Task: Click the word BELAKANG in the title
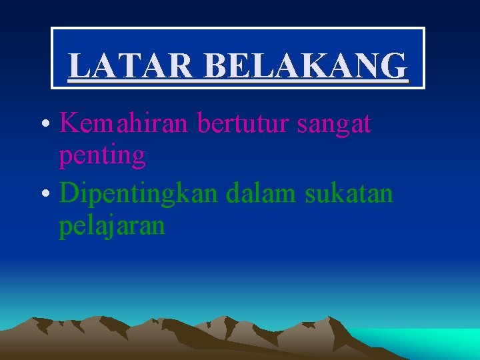click(x=306, y=65)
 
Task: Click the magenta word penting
click(x=102, y=157)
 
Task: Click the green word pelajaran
click(x=111, y=227)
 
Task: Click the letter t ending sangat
click(x=367, y=124)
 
